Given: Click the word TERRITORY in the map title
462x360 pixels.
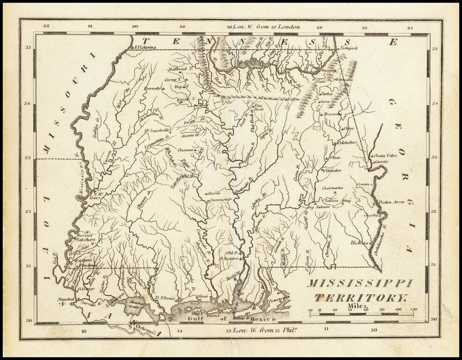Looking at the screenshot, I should (361, 297).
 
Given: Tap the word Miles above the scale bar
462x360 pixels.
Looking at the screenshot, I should (358, 306).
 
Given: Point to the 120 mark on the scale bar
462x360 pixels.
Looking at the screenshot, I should (413, 310).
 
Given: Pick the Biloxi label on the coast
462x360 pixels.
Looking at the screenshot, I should (202, 296).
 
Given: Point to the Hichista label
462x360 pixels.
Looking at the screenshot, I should (360, 243).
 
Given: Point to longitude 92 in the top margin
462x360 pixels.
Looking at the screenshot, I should (46, 27).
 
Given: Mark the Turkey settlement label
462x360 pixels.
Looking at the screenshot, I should (326, 93).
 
